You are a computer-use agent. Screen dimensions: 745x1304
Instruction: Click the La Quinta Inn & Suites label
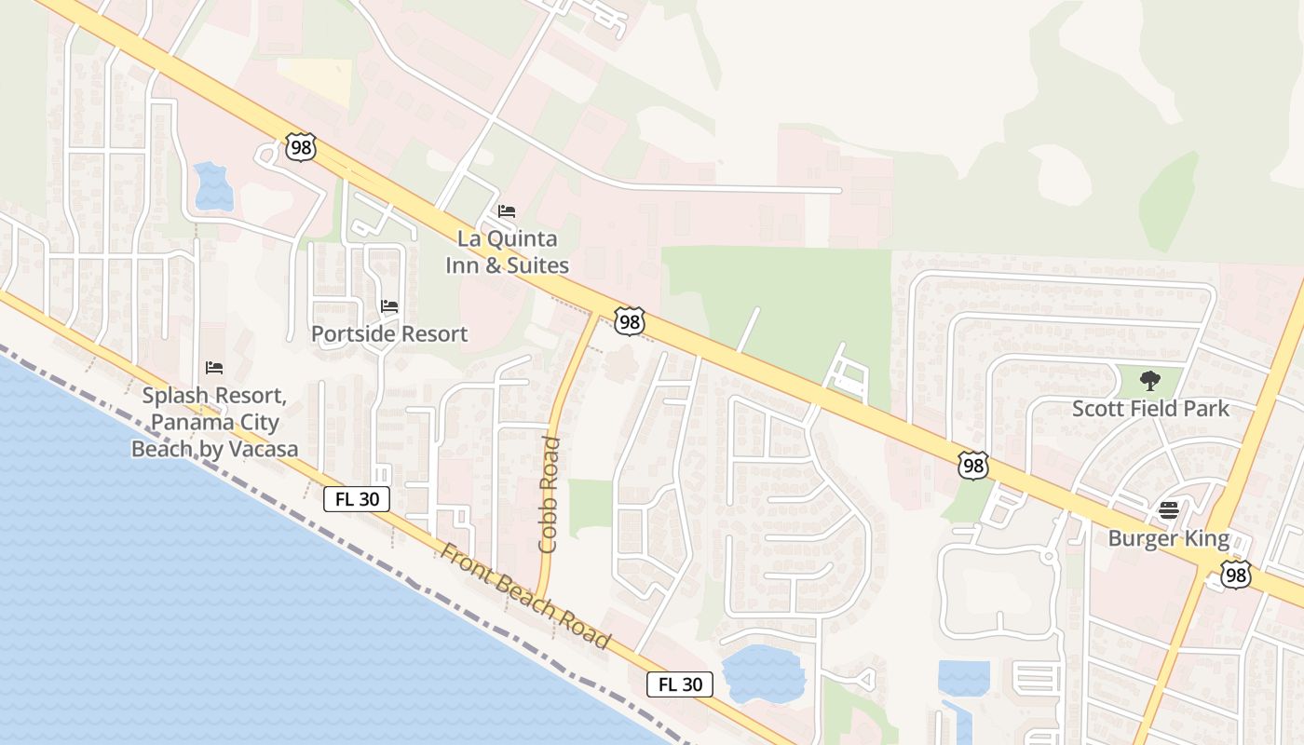507,252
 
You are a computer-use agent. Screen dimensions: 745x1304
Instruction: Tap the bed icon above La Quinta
507,211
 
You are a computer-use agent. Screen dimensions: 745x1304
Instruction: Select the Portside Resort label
389,333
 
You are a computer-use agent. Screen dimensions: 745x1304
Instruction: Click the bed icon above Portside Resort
389,305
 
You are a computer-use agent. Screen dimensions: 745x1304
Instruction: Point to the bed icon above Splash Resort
214,368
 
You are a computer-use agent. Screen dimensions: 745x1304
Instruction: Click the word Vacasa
262,449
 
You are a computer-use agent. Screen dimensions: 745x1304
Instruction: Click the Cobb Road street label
549,494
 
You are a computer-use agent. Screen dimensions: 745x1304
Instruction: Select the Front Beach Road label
525,596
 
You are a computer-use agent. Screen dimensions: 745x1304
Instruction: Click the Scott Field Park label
1150,409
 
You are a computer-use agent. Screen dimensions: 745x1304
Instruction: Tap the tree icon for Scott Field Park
1150,380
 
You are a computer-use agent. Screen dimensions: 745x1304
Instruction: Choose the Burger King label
1168,538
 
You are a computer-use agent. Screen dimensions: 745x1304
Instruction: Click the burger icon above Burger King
1168,509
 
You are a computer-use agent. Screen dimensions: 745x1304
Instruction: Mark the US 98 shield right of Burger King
1236,576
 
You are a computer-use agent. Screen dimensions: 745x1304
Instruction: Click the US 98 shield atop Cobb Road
630,322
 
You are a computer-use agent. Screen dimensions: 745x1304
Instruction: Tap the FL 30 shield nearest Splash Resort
357,499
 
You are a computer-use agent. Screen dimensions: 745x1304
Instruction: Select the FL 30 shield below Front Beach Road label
680,684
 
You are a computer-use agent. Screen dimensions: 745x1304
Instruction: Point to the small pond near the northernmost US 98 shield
213,186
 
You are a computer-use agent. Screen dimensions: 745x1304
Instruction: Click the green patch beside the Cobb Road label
591,508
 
